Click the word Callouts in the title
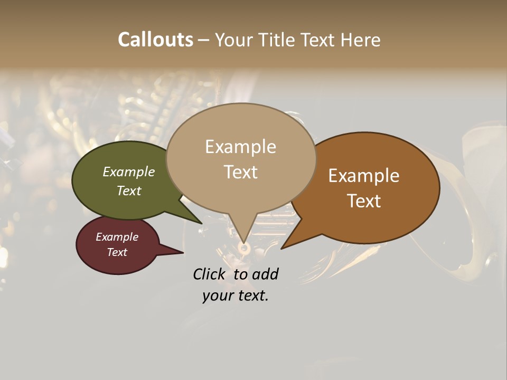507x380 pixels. (x=155, y=40)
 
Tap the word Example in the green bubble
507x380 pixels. (x=129, y=172)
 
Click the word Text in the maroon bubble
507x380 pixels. (x=117, y=252)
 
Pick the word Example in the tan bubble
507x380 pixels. (x=240, y=147)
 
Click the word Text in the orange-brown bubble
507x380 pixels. (x=364, y=201)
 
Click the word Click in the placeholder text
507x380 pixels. (x=210, y=274)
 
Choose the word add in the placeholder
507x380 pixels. (x=266, y=274)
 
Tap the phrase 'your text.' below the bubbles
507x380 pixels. (x=236, y=296)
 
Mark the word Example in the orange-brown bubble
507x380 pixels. (x=364, y=176)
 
